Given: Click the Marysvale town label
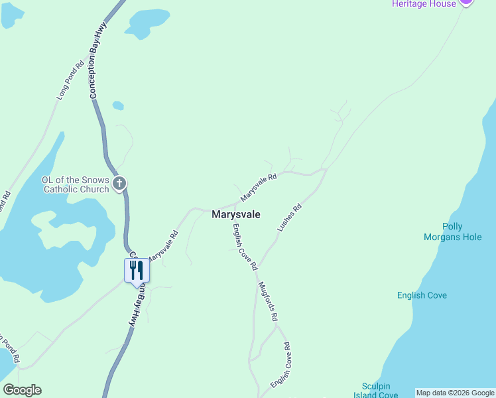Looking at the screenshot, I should coord(236,215).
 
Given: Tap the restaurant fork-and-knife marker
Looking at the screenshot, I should coord(137,271).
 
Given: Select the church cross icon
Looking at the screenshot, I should coord(119,184).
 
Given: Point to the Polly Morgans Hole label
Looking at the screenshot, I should coord(462,232).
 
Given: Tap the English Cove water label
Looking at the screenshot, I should coord(422,295).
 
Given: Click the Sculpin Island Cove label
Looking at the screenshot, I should coord(381,391).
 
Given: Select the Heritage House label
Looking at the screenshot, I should coord(424,4).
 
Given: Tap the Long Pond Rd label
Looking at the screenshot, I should coord(69,80).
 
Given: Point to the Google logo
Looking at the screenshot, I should coord(22,390).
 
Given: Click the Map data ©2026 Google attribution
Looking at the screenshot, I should coord(456,393).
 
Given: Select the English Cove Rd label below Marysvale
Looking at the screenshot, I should coord(244,246).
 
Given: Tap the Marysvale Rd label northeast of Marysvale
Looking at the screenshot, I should coord(259,188).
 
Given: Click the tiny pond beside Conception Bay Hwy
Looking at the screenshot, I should coord(118,105).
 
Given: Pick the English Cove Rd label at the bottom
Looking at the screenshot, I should coord(280,365).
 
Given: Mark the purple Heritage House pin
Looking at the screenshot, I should coord(466,2).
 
